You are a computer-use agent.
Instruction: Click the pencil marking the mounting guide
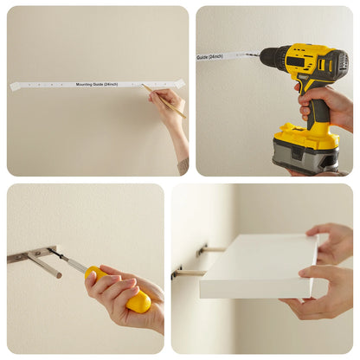(164, 100)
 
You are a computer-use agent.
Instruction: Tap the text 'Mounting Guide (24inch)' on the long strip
(97, 84)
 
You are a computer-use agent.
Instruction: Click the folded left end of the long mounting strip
(16, 87)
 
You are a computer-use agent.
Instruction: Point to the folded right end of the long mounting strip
(179, 83)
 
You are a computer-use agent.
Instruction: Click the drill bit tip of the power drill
(245, 54)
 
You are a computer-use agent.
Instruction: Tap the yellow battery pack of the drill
(306, 135)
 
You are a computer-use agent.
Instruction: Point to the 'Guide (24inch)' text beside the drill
(209, 56)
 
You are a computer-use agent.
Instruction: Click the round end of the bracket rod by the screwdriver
(59, 275)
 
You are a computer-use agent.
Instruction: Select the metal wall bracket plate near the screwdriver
(32, 254)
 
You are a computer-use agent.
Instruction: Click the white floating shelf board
(259, 266)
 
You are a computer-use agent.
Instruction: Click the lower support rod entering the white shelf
(190, 273)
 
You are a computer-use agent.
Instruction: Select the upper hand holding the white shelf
(330, 242)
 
